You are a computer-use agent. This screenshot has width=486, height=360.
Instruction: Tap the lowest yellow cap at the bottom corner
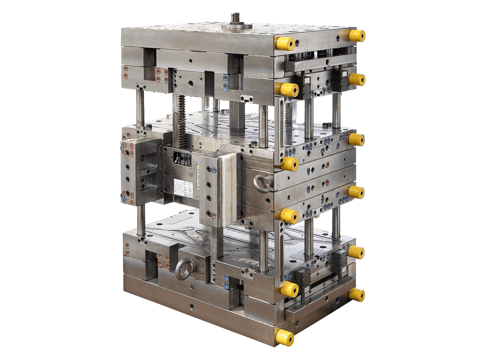point(285,337)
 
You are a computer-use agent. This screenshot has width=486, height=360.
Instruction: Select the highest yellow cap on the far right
point(357,35)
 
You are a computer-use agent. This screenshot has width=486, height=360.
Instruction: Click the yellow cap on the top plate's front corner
point(285,43)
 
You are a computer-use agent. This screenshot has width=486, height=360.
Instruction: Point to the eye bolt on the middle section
point(263,183)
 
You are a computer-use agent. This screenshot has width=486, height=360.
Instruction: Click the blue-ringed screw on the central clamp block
point(211,170)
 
